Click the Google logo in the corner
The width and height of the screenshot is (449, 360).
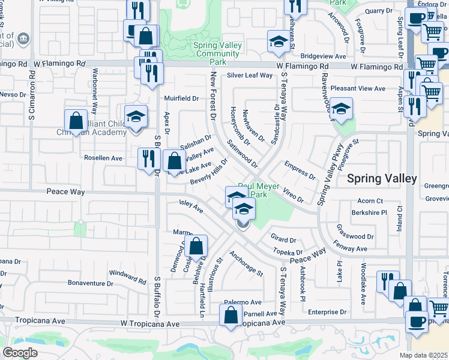[20, 352]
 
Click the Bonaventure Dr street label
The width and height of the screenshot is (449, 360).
[91, 283]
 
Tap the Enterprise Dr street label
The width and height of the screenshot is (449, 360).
[327, 312]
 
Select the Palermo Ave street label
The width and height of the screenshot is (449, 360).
[243, 302]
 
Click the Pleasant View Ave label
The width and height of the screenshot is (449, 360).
[358, 88]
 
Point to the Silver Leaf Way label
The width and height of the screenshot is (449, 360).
[250, 76]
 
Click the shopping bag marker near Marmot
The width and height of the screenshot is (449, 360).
[196, 246]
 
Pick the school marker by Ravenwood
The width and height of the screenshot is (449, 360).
[341, 109]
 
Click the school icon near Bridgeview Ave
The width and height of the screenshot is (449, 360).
[277, 41]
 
